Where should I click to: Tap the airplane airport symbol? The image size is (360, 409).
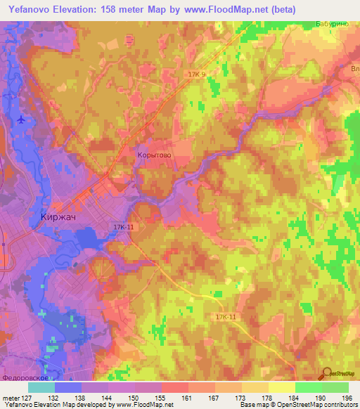point(24,119)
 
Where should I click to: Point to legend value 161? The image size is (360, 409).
point(187,397)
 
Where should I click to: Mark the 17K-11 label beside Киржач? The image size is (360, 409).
point(122,227)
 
